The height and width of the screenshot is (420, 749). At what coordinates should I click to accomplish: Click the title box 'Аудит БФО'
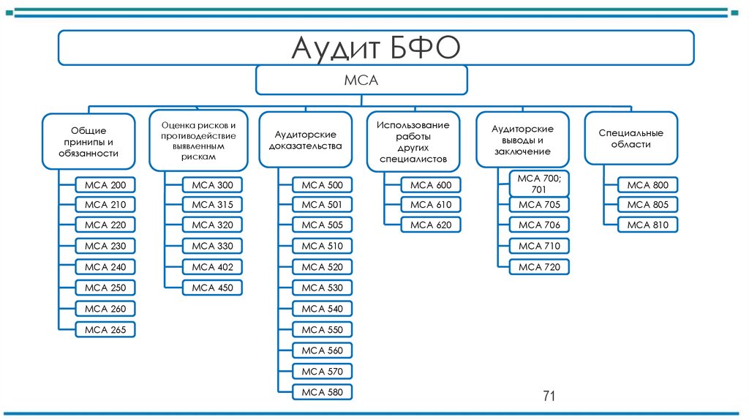pyautogui.click(x=375, y=48)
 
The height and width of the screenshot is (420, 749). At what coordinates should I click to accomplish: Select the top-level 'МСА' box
pyautogui.click(x=361, y=80)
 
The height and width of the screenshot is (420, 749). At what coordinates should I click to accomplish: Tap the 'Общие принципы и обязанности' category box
pyautogui.click(x=89, y=142)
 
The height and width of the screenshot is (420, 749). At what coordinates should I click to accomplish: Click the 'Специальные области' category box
pyautogui.click(x=631, y=139)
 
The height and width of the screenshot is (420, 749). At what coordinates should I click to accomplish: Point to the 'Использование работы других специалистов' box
pyautogui.click(x=413, y=142)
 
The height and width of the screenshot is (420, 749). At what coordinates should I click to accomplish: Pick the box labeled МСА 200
pyautogui.click(x=105, y=185)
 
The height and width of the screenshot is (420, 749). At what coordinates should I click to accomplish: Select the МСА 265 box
pyautogui.click(x=105, y=330)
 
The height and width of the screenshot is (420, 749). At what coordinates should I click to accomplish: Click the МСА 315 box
pyautogui.click(x=213, y=205)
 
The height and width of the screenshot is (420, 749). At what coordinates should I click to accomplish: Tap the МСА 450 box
pyautogui.click(x=213, y=288)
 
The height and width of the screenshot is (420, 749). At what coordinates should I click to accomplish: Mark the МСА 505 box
pyautogui.click(x=322, y=225)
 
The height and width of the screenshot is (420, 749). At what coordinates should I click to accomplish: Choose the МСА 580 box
pyautogui.click(x=322, y=393)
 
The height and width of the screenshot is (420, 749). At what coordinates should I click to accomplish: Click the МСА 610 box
pyautogui.click(x=431, y=205)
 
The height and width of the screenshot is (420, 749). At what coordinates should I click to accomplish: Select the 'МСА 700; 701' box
pyautogui.click(x=540, y=183)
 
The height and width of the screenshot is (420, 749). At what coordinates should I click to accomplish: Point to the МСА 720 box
pyautogui.click(x=540, y=267)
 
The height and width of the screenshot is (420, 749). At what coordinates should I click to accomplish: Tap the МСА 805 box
pyautogui.click(x=648, y=205)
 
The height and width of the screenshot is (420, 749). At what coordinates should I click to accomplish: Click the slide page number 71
pyautogui.click(x=549, y=397)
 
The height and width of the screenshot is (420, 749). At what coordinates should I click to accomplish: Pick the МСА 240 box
pyautogui.click(x=105, y=267)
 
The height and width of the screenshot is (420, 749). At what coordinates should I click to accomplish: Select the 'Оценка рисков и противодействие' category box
pyautogui.click(x=198, y=140)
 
